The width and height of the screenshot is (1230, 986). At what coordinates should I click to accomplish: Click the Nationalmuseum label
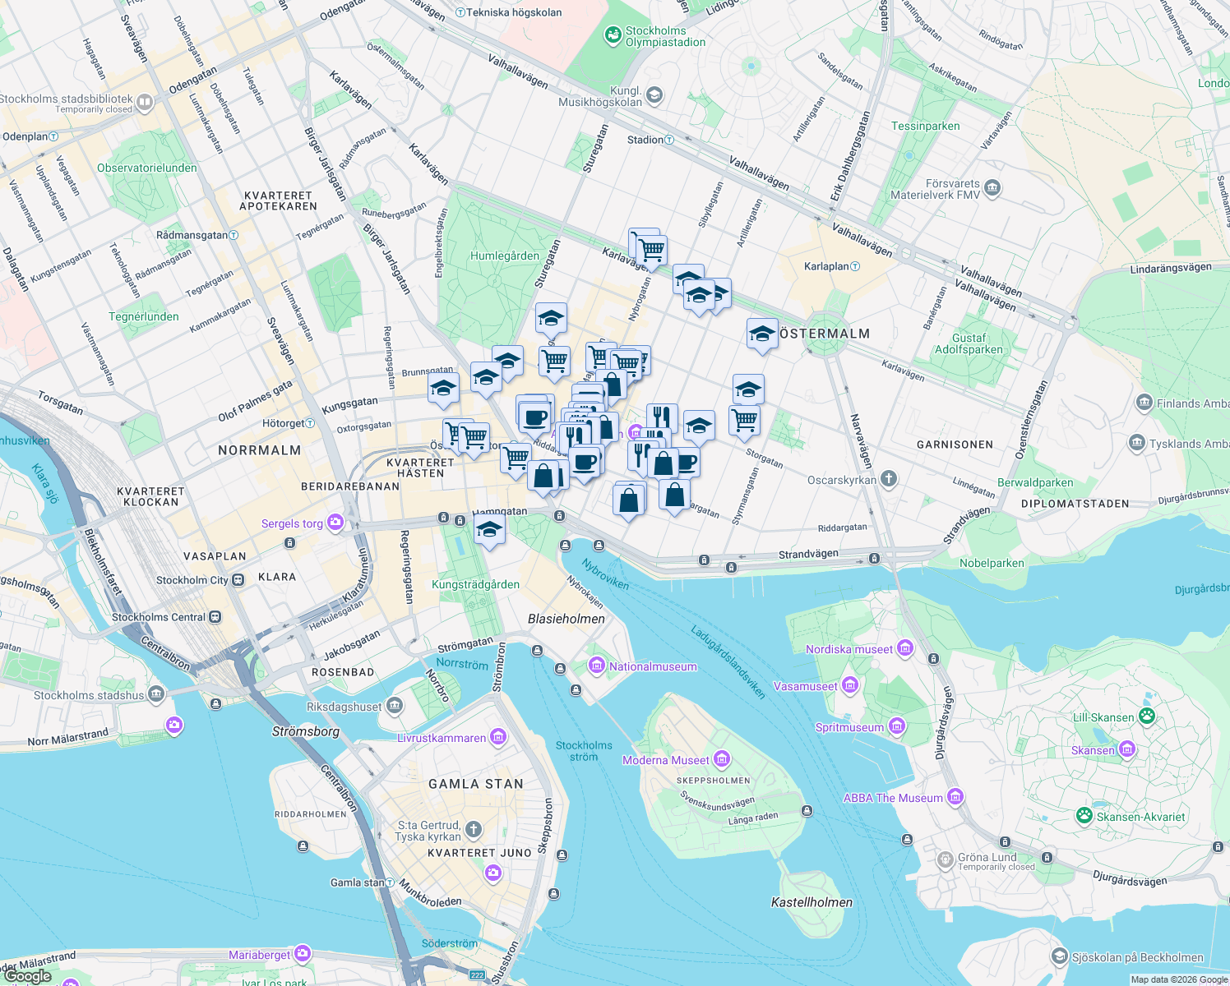point(652,666)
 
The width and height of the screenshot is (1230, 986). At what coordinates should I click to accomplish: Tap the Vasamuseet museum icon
point(850,685)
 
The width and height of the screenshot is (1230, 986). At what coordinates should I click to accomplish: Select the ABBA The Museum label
point(893,798)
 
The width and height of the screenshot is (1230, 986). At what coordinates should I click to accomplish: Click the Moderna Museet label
point(665,760)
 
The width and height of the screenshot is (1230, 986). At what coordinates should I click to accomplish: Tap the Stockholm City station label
point(192,580)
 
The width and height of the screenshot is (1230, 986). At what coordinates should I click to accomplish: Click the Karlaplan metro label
point(826,266)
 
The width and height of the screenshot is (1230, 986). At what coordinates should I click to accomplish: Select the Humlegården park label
point(505,256)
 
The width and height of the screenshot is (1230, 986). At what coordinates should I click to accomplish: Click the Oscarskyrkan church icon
point(888,479)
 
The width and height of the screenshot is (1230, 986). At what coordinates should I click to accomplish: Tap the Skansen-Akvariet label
point(1141,817)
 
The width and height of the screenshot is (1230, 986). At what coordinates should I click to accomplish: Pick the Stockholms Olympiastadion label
point(665,36)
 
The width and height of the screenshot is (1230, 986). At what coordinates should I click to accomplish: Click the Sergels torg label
point(292,523)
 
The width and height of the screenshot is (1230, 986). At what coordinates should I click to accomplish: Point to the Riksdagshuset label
point(344,707)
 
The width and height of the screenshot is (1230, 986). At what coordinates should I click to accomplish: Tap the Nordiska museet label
point(849,649)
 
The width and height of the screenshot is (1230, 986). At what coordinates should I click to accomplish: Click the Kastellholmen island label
point(812,902)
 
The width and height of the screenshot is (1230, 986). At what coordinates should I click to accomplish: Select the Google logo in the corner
point(28,976)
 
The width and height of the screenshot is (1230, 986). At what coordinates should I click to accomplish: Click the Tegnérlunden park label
point(144,316)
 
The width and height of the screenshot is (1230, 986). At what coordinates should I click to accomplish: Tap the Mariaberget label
point(259,955)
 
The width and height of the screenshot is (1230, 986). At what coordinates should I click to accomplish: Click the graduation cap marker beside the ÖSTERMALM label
point(762,334)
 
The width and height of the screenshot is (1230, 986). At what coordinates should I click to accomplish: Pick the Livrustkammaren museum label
point(442,738)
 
